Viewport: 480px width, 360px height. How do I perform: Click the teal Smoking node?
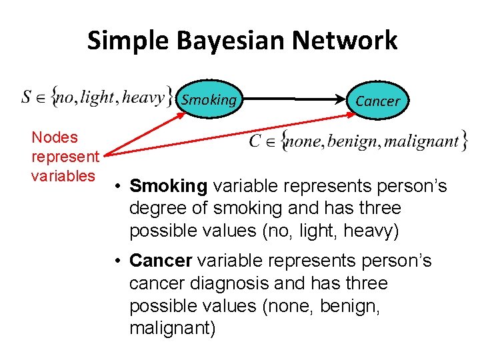click(209, 100)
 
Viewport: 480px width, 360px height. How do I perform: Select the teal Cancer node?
click(377, 101)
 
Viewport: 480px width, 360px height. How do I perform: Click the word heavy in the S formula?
click(144, 98)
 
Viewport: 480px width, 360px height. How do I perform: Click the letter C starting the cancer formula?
click(255, 141)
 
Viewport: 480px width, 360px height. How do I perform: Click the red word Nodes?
click(55, 138)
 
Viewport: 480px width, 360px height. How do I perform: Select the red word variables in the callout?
click(63, 176)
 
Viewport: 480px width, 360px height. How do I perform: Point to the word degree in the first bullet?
click(156, 208)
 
